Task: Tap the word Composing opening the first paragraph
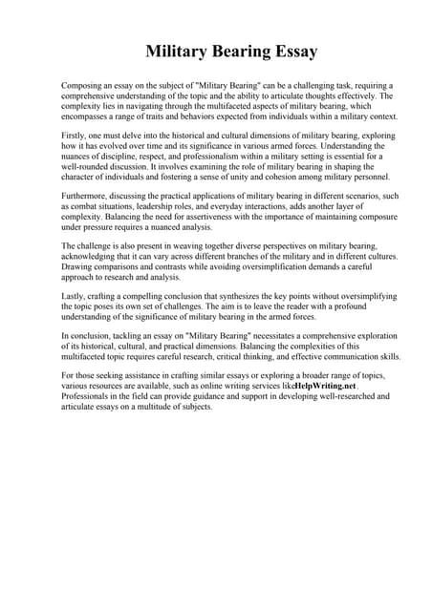(x=82, y=86)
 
